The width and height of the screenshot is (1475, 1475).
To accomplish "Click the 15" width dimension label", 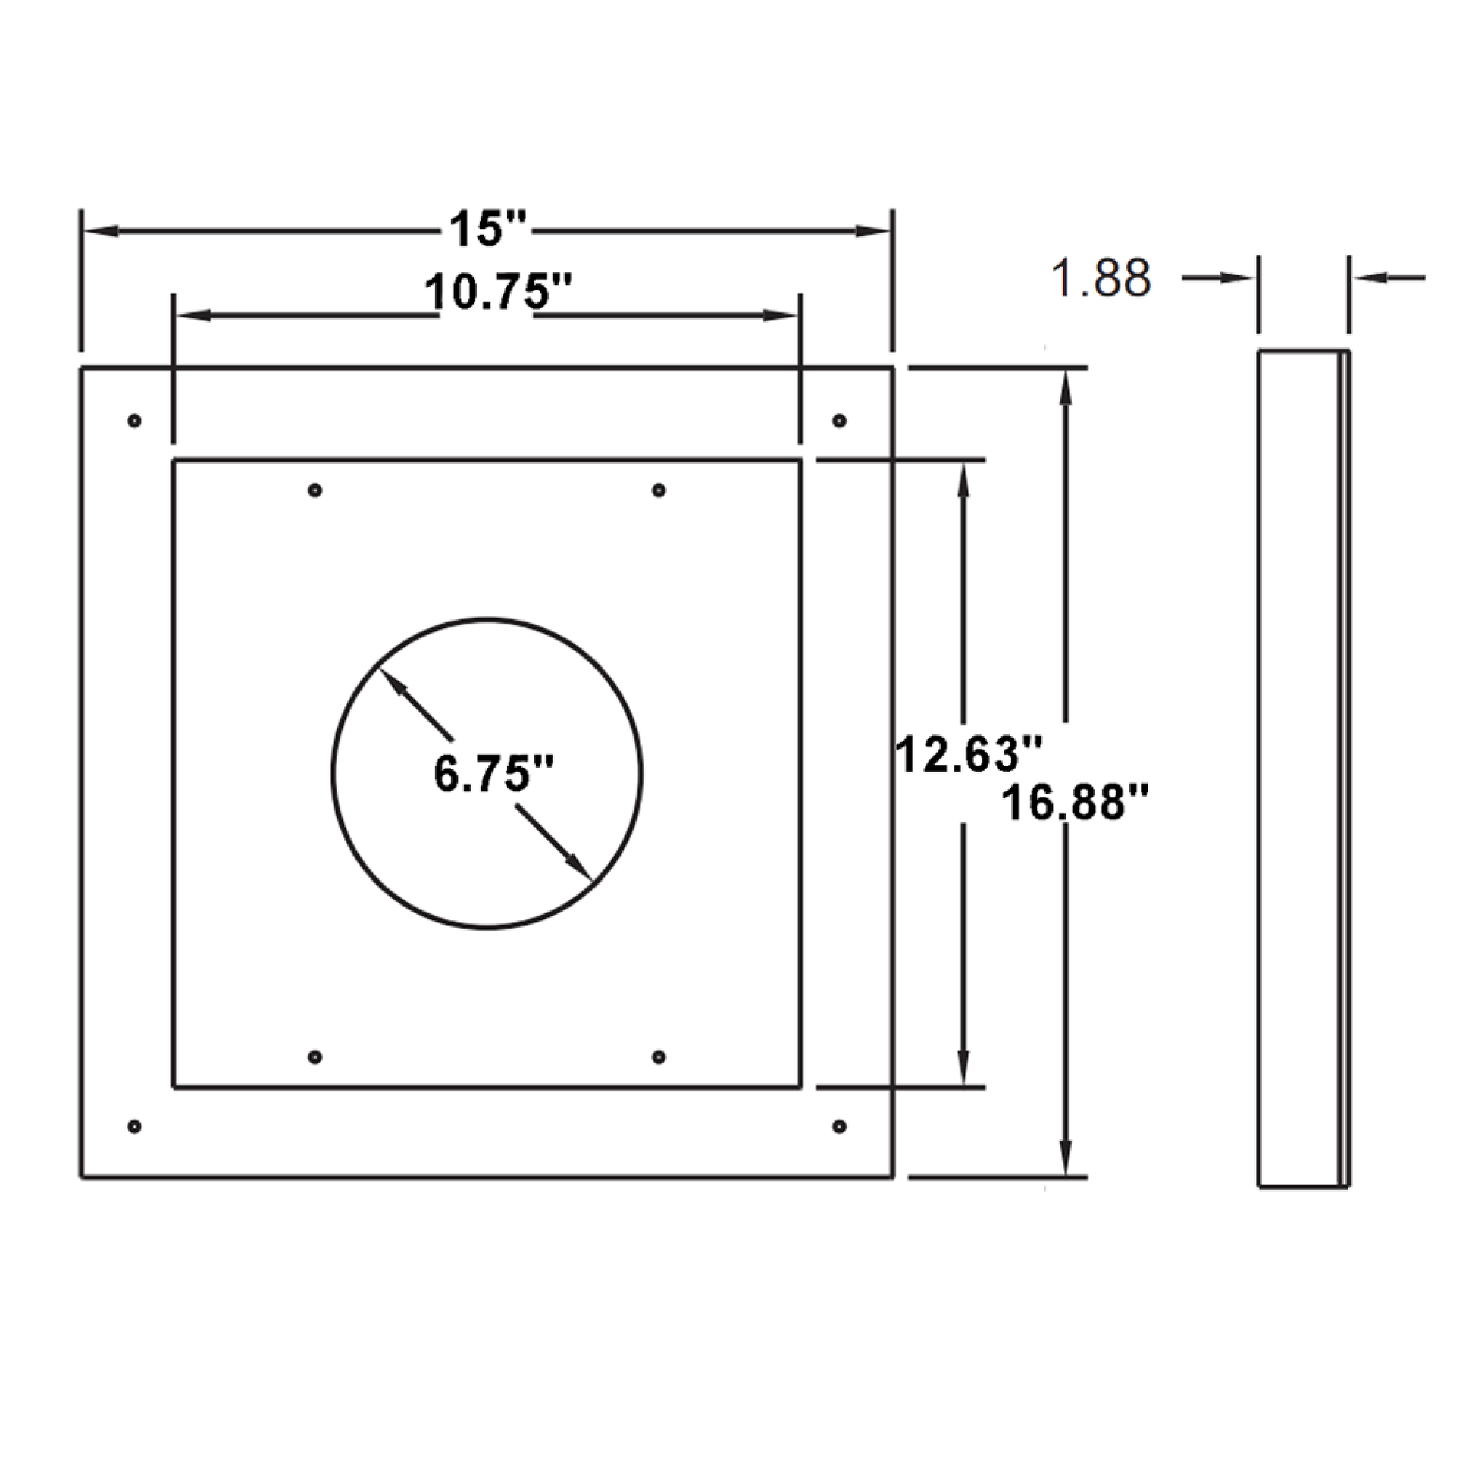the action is click(x=488, y=229).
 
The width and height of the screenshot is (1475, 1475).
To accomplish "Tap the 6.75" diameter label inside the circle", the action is click(x=493, y=772).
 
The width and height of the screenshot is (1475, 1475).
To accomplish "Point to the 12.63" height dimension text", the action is click(x=969, y=753).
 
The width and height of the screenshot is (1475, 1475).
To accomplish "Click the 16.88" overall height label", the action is click(x=1074, y=803).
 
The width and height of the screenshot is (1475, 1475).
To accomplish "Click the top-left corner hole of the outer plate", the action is click(x=134, y=420).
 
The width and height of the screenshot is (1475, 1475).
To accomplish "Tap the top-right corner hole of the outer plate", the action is click(x=839, y=420).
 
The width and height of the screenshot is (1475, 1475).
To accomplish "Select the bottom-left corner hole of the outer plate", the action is click(x=134, y=1126).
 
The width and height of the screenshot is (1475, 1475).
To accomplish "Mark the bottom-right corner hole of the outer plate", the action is click(x=839, y=1126).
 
